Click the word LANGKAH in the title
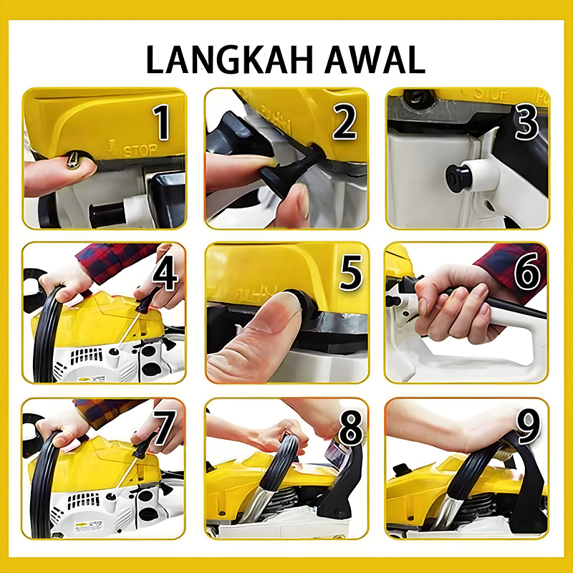point(230,60)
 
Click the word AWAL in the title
point(375,60)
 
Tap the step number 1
point(162,122)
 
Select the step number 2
point(344,121)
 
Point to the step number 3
point(526,121)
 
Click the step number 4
point(165,273)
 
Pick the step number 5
point(351,273)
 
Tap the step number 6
point(527,272)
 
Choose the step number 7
point(164,428)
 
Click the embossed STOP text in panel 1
point(140,150)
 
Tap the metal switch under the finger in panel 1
point(73,160)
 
